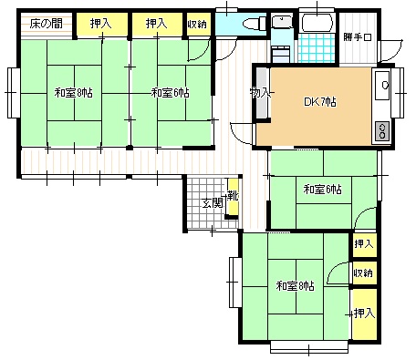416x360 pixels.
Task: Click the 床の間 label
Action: [47, 24]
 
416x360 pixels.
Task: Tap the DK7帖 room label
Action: [320, 102]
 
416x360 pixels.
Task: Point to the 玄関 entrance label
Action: [213, 203]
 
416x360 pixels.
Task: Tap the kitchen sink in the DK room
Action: [382, 85]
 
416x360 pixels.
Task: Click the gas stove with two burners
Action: [382, 131]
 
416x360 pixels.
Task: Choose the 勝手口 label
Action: [358, 37]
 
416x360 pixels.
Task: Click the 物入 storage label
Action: [260, 92]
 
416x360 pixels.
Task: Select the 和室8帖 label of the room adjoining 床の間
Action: [74, 93]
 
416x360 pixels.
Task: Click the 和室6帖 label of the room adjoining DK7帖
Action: [322, 190]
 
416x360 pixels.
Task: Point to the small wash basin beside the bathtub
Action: [281, 22]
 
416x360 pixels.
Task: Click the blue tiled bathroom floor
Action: [317, 47]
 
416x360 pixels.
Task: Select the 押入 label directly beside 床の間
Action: [100, 24]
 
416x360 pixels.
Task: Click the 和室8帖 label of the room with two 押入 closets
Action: [295, 286]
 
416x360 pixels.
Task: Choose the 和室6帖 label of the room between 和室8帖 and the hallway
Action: [171, 93]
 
